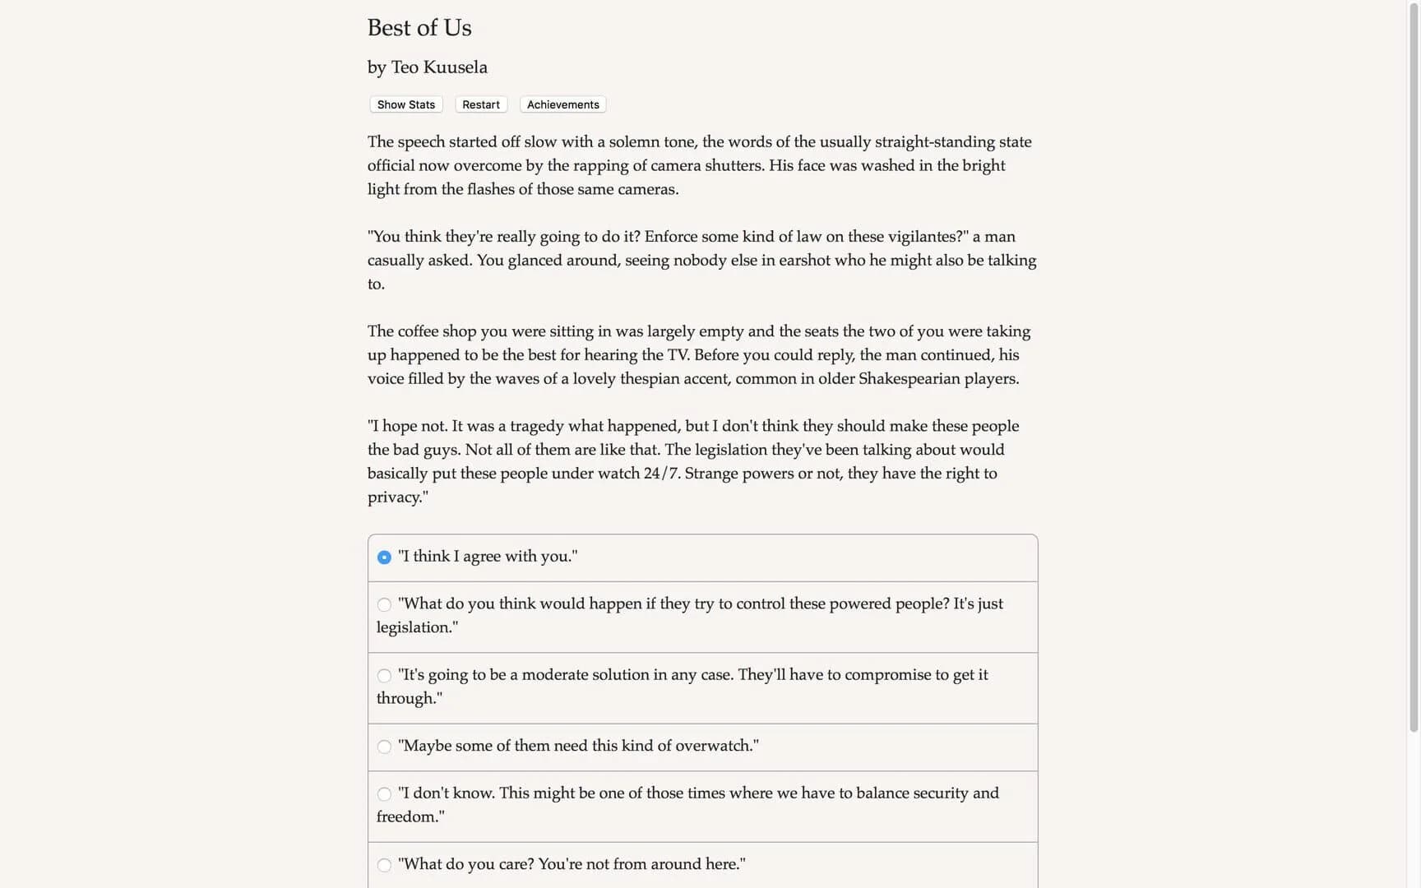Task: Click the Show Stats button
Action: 406,104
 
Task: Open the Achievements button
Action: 562,104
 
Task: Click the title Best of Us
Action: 419,28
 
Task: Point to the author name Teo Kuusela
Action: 439,67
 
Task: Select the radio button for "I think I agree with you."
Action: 384,557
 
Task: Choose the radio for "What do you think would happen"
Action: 384,605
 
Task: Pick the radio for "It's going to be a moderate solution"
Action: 384,676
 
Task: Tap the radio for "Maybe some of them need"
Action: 384,747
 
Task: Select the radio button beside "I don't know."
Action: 384,794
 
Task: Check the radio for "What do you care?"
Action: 384,865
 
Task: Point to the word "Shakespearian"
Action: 908,379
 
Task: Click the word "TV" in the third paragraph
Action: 678,355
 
